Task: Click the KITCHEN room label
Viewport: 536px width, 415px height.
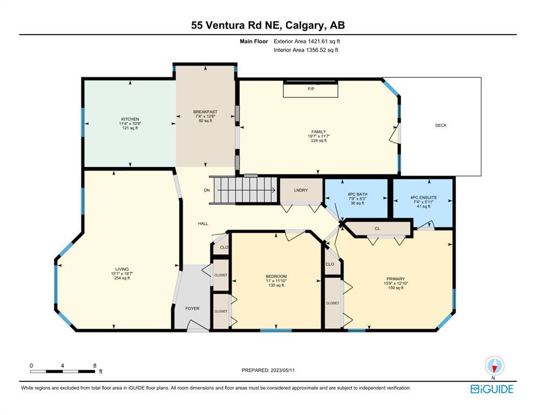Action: click(x=130, y=119)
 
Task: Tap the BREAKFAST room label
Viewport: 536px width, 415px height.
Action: click(x=205, y=112)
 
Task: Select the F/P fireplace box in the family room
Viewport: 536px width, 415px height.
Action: click(x=310, y=89)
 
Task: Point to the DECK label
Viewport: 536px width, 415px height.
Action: click(x=440, y=125)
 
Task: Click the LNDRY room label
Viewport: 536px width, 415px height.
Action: click(x=301, y=190)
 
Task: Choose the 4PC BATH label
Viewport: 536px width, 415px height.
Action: click(x=357, y=195)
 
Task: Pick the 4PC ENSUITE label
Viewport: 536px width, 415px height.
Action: click(x=424, y=197)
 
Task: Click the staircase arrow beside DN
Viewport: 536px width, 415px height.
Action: click(x=247, y=190)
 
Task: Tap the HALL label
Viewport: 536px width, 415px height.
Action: click(x=203, y=224)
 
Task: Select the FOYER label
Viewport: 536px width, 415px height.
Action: click(x=193, y=309)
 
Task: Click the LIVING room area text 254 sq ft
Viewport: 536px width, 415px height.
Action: click(x=122, y=278)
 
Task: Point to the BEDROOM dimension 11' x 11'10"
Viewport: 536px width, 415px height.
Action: click(x=276, y=281)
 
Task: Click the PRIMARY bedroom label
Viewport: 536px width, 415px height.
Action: click(x=396, y=279)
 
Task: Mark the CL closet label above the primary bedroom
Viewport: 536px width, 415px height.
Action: click(x=377, y=229)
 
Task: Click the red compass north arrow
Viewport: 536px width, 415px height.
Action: click(x=494, y=369)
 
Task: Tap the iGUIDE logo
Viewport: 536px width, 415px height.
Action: click(x=492, y=389)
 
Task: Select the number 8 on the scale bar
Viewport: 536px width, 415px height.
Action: click(x=94, y=365)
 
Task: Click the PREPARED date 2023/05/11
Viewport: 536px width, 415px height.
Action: click(x=283, y=370)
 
